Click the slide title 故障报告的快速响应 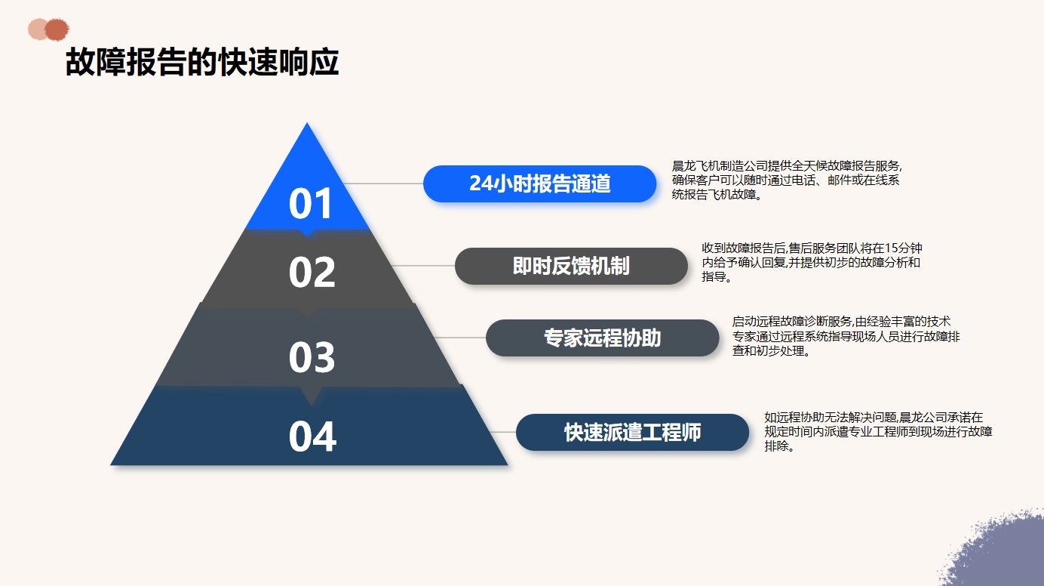click(202, 62)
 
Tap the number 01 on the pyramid click(310, 203)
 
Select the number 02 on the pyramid click(312, 272)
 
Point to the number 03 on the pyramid click(312, 357)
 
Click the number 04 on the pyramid click(312, 436)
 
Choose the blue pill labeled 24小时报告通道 click(539, 184)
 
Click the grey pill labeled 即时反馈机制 click(571, 266)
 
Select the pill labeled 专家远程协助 click(602, 338)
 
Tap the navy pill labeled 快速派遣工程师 click(632, 432)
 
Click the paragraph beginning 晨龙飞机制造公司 click(787, 180)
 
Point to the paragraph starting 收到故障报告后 click(812, 262)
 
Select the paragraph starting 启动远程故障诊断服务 click(846, 336)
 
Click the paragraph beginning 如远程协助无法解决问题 click(878, 431)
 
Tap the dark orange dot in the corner click(57, 29)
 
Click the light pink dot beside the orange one click(37, 29)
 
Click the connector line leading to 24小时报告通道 click(383, 184)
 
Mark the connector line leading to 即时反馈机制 click(422, 266)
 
